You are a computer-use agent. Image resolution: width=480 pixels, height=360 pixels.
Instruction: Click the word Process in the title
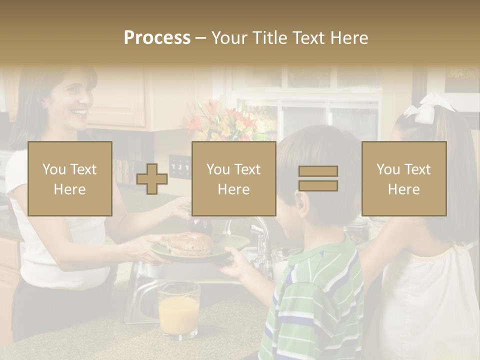tap(157, 38)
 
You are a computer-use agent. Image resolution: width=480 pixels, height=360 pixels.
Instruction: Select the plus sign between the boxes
tap(152, 179)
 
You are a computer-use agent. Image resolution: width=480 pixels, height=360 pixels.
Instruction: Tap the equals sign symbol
tap(318, 178)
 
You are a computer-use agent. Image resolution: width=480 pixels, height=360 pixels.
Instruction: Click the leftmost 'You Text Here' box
tap(70, 178)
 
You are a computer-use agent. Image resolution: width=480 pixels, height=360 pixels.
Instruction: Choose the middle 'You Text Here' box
tap(233, 178)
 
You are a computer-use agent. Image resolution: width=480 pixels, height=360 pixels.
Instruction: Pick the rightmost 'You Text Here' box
tap(403, 178)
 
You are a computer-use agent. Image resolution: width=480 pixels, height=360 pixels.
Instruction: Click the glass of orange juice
tap(178, 309)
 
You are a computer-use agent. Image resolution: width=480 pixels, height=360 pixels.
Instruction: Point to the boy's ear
tap(299, 203)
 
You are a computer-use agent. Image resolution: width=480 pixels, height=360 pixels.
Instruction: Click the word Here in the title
tap(349, 38)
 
